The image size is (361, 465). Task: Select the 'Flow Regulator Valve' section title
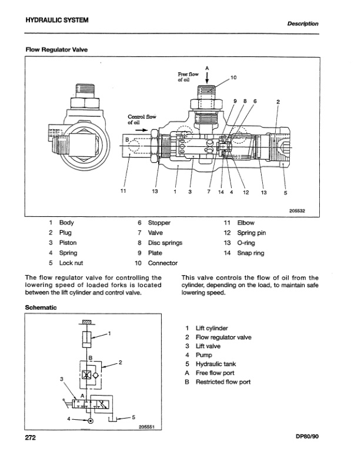[56, 50]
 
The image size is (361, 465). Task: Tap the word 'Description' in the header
[303, 24]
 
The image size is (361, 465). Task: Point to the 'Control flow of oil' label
[140, 119]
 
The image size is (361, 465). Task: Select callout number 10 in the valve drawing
[233, 78]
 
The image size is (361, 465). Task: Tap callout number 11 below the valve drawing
[123, 190]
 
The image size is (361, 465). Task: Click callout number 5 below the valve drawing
[285, 190]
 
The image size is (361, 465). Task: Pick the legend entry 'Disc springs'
[165, 243]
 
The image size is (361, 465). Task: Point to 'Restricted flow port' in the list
[223, 382]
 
